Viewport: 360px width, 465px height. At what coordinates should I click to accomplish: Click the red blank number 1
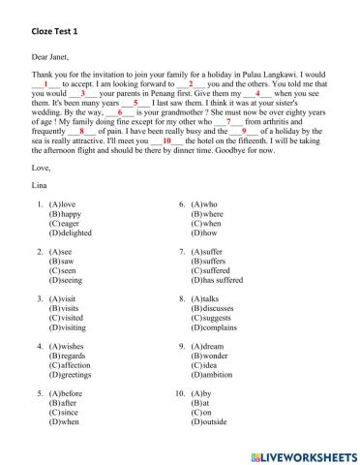(45, 84)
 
